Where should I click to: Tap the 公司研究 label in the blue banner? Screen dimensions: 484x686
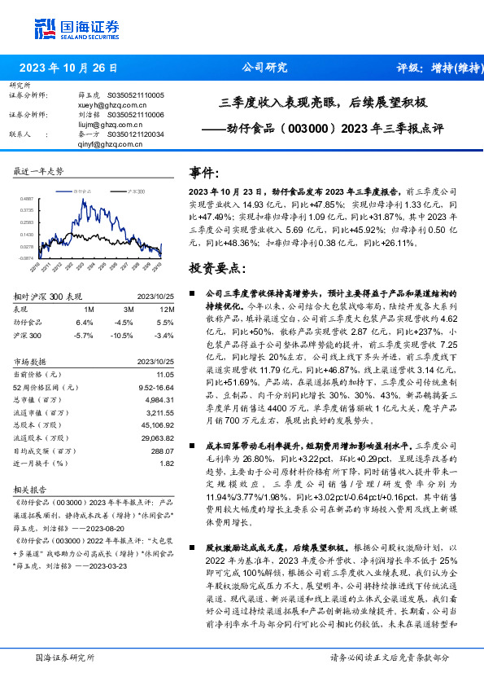(264, 68)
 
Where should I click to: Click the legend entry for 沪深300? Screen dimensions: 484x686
(134, 189)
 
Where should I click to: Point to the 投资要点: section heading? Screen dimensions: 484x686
(217, 266)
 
